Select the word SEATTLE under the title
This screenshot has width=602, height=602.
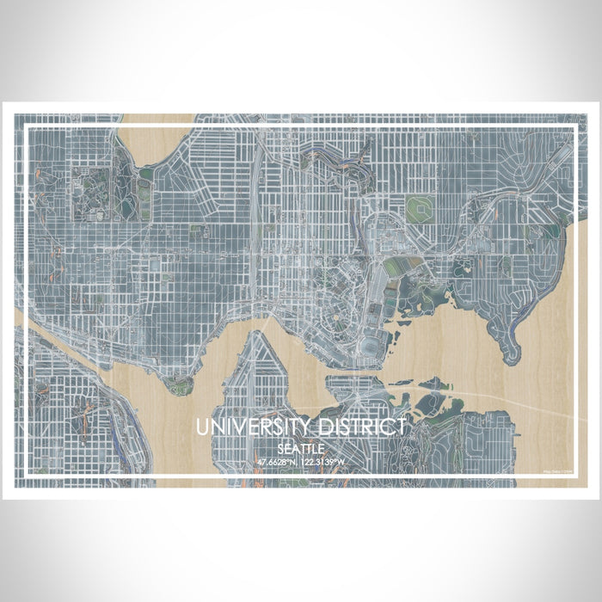(x=300, y=449)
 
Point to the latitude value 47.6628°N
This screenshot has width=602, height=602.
(x=278, y=463)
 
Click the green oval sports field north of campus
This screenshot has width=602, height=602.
(x=419, y=207)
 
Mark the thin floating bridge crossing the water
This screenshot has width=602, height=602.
(x=499, y=401)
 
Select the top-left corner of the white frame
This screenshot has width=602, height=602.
(x=28, y=128)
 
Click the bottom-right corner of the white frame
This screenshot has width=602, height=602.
(x=574, y=475)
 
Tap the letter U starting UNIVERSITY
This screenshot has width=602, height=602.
(x=201, y=427)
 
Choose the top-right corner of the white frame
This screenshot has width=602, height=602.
(x=574, y=128)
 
